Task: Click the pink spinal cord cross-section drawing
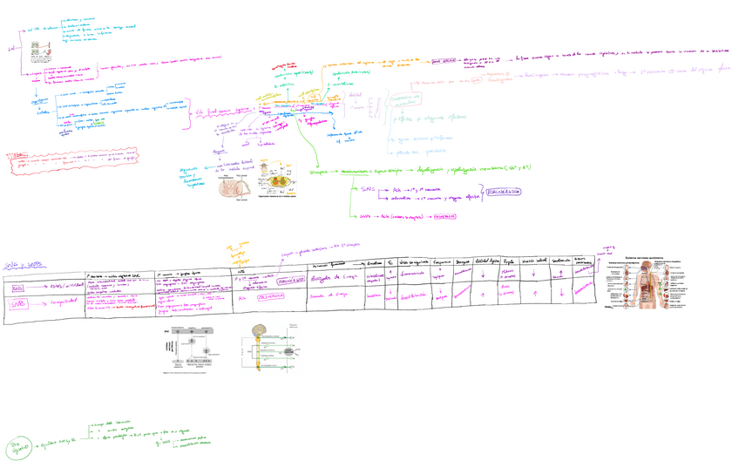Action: coord(231,187)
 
